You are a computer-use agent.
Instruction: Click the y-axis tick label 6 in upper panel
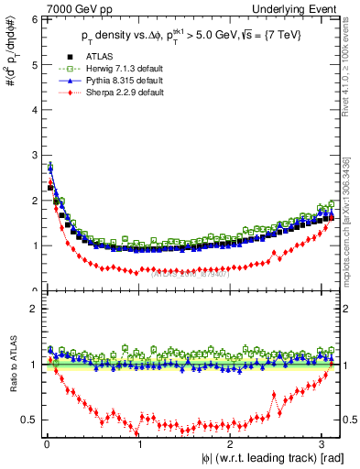pyautogui.click(x=33, y=19)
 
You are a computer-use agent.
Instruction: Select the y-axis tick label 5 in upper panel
pyautogui.click(x=33, y=64)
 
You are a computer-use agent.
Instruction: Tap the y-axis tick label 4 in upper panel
pyautogui.click(x=33, y=110)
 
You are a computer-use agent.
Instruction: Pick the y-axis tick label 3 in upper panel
pyautogui.click(x=33, y=155)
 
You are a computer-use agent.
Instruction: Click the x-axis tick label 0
pyautogui.click(x=46, y=444)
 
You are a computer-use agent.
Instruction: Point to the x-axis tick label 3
pyautogui.click(x=322, y=444)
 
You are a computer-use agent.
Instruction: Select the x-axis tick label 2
pyautogui.click(x=231, y=444)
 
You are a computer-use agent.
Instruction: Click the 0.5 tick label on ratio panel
pyautogui.click(x=28, y=420)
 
